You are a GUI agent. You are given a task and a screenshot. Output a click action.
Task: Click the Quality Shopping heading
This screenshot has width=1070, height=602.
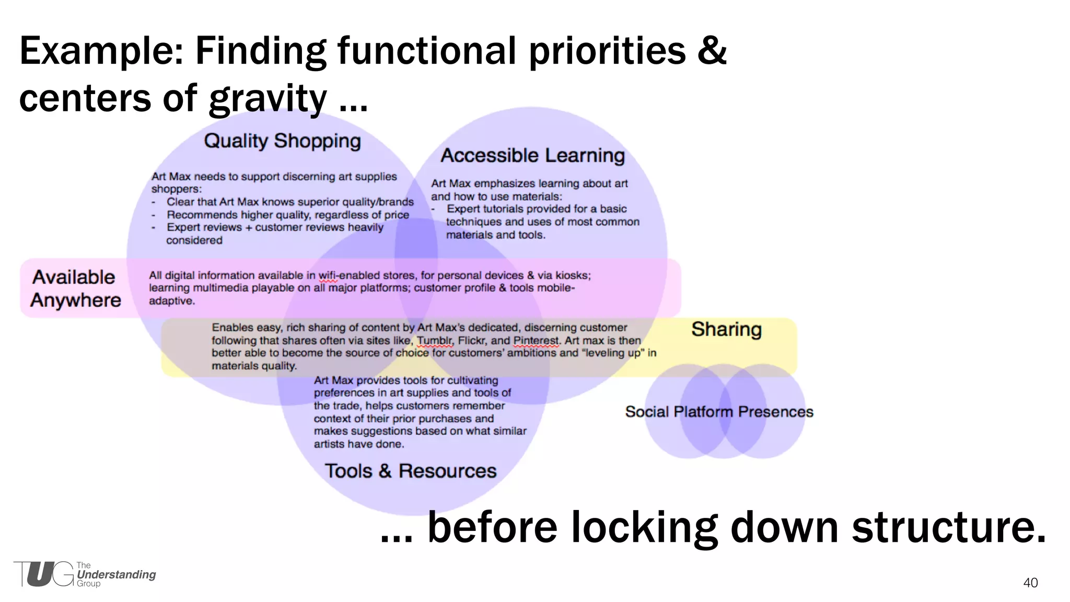point(282,141)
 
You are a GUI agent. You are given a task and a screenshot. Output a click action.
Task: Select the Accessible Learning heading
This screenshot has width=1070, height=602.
point(532,156)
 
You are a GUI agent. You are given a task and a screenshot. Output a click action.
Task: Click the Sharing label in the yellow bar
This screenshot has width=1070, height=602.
point(726,329)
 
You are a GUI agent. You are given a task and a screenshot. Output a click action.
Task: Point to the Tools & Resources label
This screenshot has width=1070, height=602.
point(410,471)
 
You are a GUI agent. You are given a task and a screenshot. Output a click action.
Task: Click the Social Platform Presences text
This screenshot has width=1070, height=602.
point(719,412)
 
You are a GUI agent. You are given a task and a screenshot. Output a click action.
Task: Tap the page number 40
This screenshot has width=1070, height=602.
point(1030,583)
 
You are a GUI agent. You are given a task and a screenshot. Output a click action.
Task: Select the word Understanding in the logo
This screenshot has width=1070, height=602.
point(116,574)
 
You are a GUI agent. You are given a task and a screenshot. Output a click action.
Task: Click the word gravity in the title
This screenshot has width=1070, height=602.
point(267,99)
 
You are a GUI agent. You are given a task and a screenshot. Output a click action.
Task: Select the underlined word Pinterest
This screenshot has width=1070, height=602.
point(536,341)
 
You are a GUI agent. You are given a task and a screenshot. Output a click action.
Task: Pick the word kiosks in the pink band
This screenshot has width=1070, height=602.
point(573,275)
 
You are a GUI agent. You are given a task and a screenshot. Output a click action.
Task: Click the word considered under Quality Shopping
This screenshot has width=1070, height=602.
point(194,240)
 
